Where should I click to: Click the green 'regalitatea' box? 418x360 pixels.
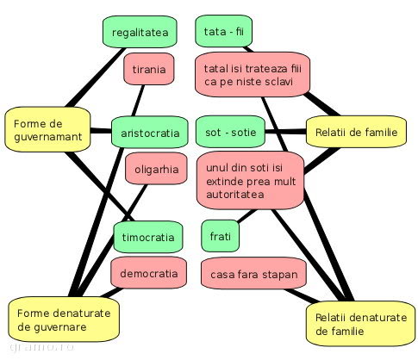click(140, 32)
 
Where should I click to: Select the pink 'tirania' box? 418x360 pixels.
click(149, 69)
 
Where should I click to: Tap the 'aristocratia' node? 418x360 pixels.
click(150, 133)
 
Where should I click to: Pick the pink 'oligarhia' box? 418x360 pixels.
click(156, 169)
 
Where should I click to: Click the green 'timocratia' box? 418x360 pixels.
click(148, 237)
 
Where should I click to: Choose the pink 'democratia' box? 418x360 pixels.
click(148, 273)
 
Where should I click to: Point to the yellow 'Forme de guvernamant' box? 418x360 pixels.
click(47, 130)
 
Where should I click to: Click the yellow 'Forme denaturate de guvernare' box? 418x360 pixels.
click(64, 320)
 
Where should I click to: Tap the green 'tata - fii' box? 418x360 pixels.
click(224, 31)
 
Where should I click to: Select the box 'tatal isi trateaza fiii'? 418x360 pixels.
click(253, 75)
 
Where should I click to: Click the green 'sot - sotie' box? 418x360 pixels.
click(230, 132)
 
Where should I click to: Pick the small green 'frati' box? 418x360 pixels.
click(220, 236)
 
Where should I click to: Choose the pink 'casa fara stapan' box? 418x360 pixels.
click(253, 274)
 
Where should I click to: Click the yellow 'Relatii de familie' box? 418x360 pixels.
click(356, 132)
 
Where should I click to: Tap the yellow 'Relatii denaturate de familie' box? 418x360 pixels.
click(361, 324)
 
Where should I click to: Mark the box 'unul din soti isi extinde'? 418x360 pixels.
click(251, 181)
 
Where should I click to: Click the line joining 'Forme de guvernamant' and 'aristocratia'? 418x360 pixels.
click(101, 131)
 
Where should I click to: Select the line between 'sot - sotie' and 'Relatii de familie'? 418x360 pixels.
click(285, 132)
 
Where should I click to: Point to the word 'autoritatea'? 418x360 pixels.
click(235, 195)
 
